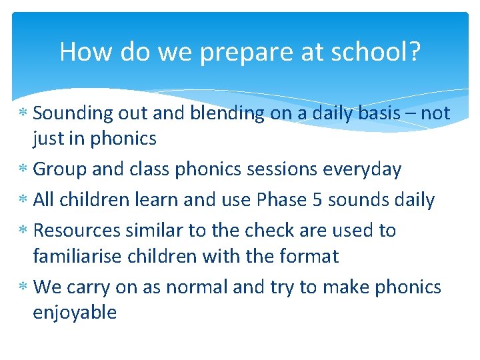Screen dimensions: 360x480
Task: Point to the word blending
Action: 227,114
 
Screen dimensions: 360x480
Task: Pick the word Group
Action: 60,170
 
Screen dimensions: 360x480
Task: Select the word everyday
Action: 362,170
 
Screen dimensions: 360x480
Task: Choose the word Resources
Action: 75,231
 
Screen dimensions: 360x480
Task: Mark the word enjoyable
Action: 75,313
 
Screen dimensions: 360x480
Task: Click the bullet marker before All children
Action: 23,201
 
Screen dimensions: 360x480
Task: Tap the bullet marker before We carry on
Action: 23,288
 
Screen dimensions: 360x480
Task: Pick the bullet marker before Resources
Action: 23,231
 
